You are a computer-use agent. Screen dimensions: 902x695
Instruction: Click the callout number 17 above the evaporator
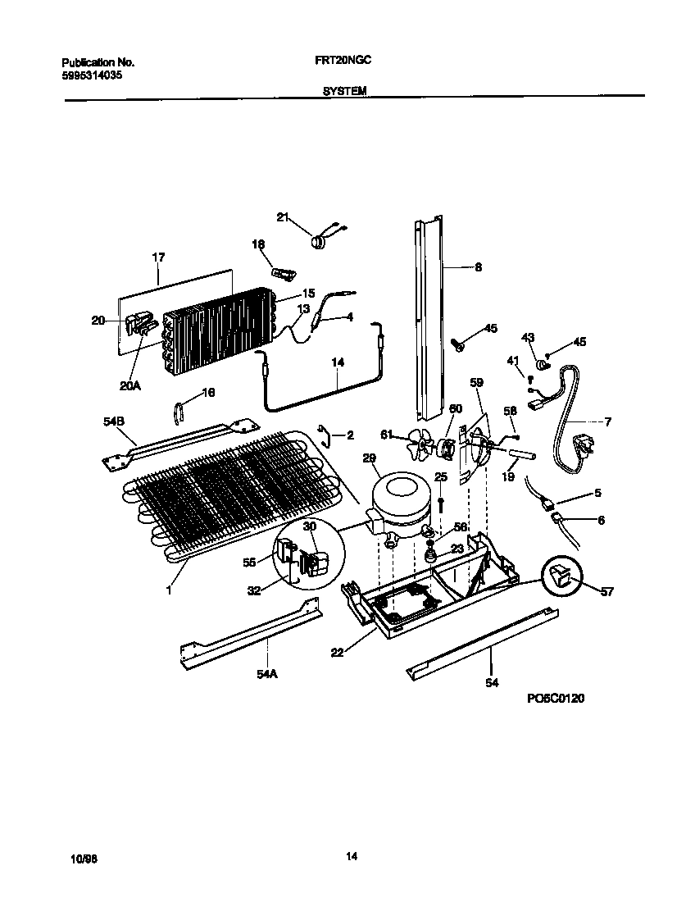tap(158, 257)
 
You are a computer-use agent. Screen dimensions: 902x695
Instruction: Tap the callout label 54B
tap(114, 421)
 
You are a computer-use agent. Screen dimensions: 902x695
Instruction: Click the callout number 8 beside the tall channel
tap(478, 266)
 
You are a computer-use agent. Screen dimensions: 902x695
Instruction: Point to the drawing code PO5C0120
tap(556, 699)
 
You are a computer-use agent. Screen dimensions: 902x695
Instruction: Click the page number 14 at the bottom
tap(351, 857)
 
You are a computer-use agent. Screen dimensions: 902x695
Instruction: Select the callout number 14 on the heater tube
tap(338, 362)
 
